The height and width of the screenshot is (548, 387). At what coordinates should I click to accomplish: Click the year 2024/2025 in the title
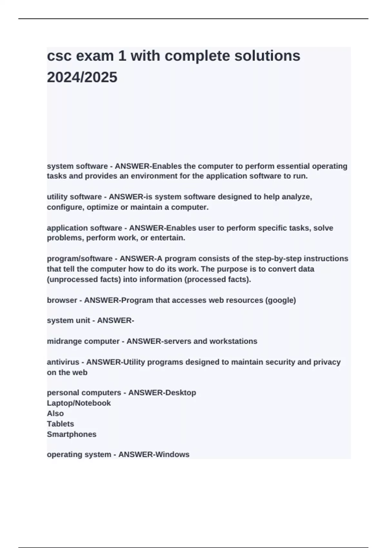82,77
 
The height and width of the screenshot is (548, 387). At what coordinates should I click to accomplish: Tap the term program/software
80,259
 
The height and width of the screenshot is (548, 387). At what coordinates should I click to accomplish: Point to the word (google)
280,300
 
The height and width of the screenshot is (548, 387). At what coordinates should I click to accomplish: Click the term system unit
68,321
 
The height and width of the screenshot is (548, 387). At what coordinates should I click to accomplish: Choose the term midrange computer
83,341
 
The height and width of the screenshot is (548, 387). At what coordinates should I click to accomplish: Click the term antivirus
63,362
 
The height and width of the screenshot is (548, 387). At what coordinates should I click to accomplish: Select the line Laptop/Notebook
79,403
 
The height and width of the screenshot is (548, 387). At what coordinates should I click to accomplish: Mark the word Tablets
60,424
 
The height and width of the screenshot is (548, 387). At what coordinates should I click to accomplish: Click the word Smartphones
72,434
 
